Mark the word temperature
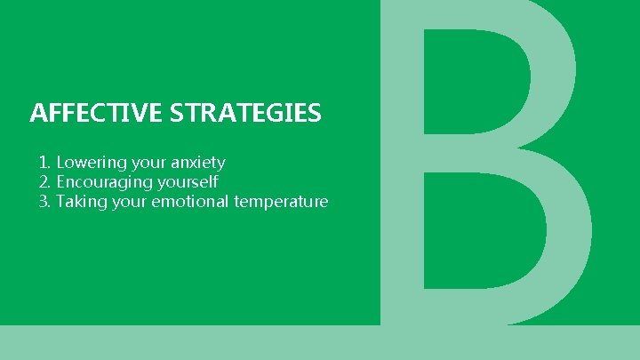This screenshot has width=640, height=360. tap(281, 203)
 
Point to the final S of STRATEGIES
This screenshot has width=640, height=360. tap(315, 114)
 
